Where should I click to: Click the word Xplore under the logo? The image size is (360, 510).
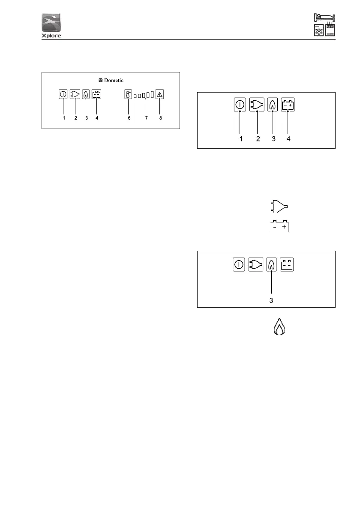[x=51, y=36]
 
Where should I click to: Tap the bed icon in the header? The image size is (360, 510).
[x=324, y=18]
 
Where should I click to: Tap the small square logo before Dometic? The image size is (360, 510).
[x=100, y=80]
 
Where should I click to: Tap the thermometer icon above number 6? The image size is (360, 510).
[x=128, y=94]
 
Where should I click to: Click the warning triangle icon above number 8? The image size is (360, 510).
[x=160, y=94]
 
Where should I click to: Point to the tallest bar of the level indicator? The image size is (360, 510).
[x=152, y=94]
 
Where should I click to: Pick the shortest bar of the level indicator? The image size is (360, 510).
[x=135, y=96]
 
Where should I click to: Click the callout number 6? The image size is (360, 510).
[x=129, y=118]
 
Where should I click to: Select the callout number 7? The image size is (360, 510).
[x=146, y=118]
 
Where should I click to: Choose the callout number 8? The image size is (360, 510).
[x=161, y=118]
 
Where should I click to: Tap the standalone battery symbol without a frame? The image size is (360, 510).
[x=279, y=226]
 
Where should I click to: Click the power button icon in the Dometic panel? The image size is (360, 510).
[x=63, y=94]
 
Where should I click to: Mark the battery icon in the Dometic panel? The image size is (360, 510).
[x=96, y=94]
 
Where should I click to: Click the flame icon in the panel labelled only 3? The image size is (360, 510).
[x=271, y=264]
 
